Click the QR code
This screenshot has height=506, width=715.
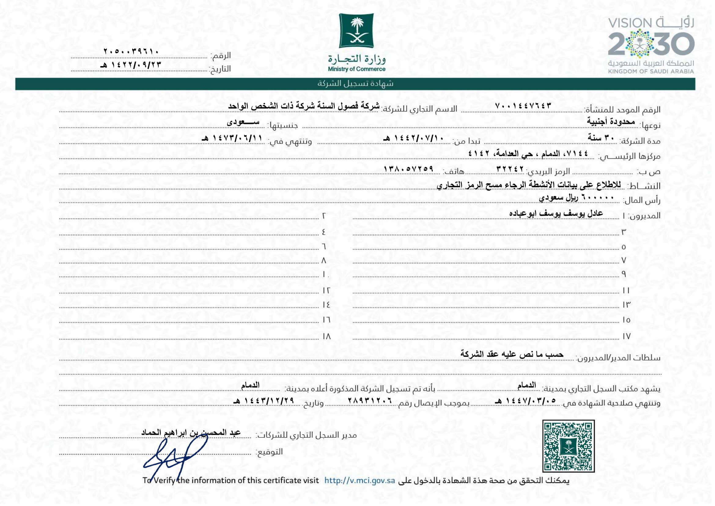coord(568,446)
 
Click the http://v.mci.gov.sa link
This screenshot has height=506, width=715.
coord(360,480)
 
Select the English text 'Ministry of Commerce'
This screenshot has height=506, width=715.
coord(356,69)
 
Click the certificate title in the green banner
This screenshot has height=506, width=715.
coord(355,84)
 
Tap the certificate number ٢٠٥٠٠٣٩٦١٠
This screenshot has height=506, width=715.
coord(131,51)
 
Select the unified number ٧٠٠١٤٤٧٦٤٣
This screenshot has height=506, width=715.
coord(523,106)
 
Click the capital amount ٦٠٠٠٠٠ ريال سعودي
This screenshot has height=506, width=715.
coord(577,198)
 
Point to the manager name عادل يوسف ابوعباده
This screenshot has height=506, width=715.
coord(556,214)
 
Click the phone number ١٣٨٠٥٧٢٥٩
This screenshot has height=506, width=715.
coord(408,169)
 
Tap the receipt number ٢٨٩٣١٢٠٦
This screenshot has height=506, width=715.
coord(370,401)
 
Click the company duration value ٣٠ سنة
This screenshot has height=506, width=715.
coord(601,137)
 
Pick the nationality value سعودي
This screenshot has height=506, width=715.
coord(243,122)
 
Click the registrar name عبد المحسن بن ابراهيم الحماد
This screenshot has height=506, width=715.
coord(191,433)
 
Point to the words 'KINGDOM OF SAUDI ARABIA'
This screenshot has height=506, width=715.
coord(651,71)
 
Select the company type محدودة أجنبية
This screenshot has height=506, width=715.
coord(611,121)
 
